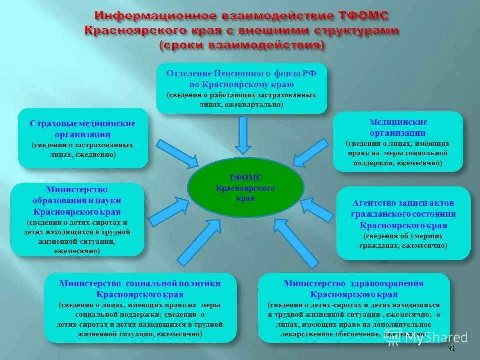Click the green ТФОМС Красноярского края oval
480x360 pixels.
click(x=245, y=186)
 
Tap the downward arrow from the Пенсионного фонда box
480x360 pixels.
click(x=243, y=135)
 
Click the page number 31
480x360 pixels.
click(x=451, y=349)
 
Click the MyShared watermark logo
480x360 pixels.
click(x=427, y=337)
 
